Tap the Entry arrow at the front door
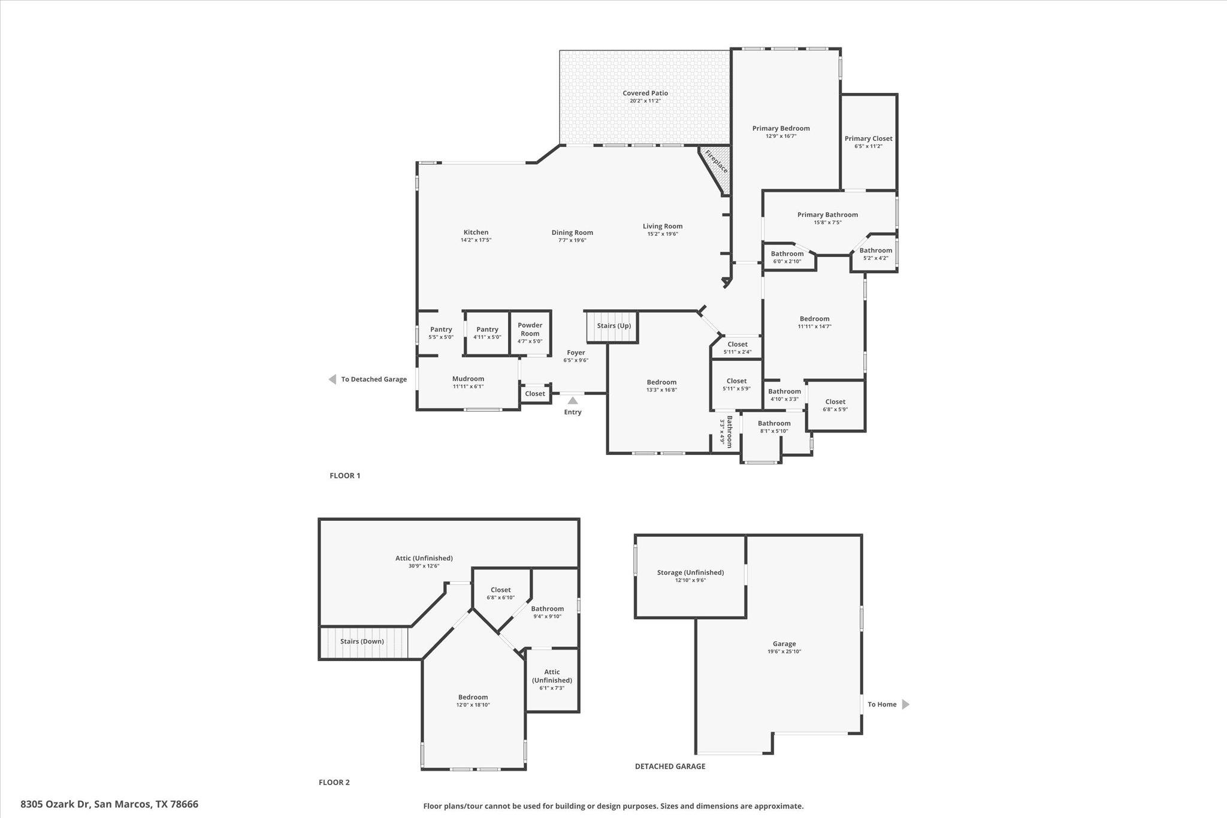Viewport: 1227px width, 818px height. [573, 400]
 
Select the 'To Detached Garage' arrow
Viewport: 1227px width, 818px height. [333, 379]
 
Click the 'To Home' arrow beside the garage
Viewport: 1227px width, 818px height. [905, 704]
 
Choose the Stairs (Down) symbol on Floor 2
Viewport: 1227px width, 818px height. [363, 642]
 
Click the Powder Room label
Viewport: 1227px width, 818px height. [530, 330]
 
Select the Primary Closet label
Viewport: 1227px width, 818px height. [868, 138]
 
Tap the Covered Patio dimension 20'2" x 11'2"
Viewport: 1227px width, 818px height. [645, 101]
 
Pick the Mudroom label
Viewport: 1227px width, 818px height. [468, 379]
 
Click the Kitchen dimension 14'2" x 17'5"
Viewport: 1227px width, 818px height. [476, 240]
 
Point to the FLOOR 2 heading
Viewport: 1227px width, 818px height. [334, 782]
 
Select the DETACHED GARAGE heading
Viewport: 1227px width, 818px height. [670, 766]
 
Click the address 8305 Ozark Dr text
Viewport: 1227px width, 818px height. [110, 804]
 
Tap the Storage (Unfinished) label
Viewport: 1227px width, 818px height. [690, 572]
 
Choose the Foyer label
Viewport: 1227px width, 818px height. [576, 352]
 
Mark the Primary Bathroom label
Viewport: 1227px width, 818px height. [827, 215]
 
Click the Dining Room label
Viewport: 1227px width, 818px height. [572, 233]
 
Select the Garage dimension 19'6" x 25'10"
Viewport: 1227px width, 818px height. [784, 651]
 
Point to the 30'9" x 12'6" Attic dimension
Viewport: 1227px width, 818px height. [424, 566]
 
